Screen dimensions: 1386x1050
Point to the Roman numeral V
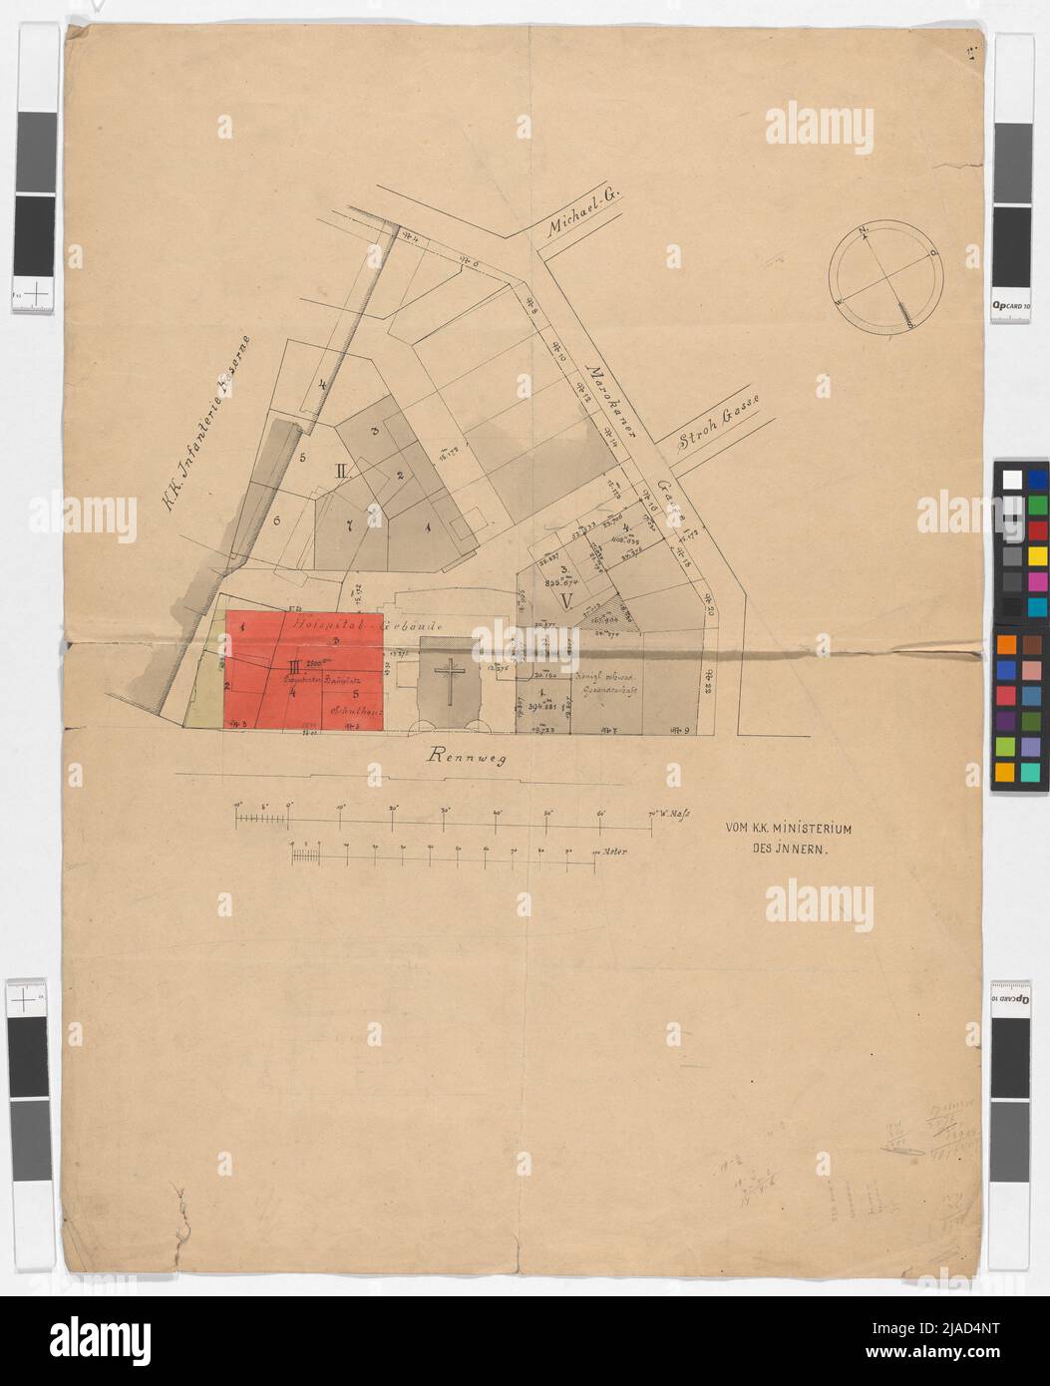pyautogui.click(x=566, y=600)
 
